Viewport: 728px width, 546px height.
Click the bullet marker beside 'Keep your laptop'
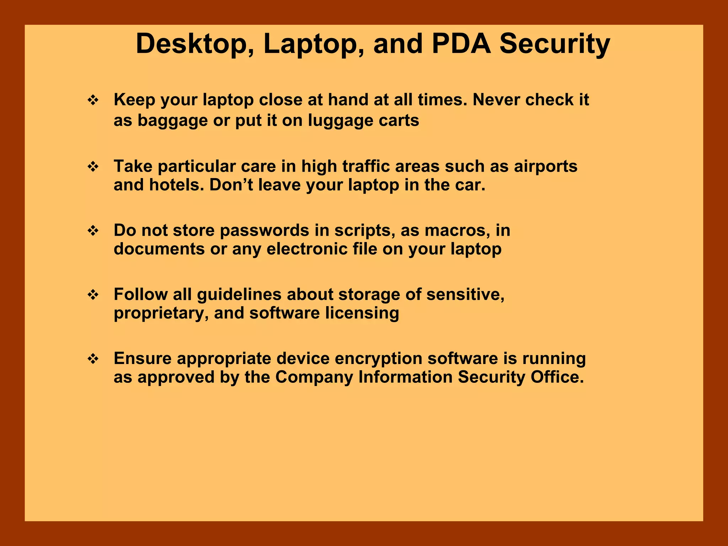click(x=93, y=101)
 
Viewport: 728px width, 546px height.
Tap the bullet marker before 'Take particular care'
click(x=93, y=167)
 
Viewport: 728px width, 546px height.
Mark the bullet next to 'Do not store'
click(x=93, y=231)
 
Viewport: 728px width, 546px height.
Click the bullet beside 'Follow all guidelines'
click(x=93, y=295)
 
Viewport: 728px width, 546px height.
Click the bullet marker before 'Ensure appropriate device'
click(x=93, y=359)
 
